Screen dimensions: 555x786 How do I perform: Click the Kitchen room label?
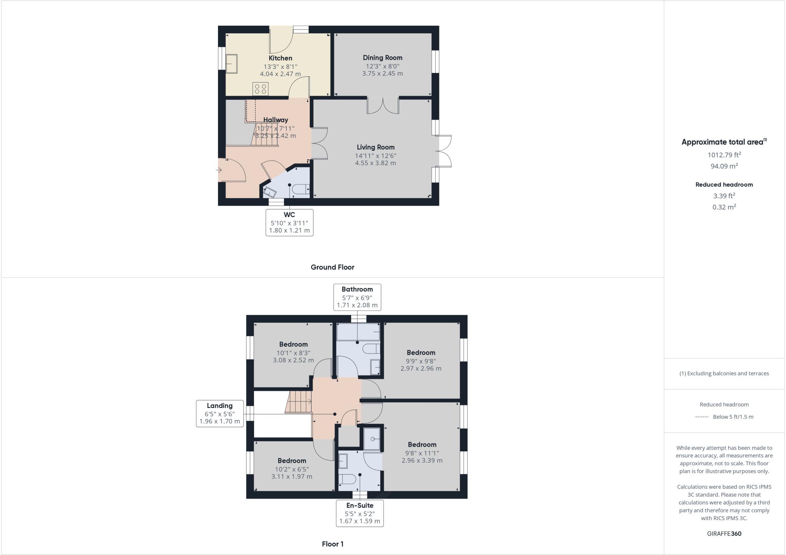pyautogui.click(x=280, y=58)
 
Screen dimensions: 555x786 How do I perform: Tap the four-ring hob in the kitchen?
pyautogui.click(x=260, y=89)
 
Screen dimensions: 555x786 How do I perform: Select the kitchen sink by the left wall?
pyautogui.click(x=231, y=63)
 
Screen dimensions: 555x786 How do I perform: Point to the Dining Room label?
pyautogui.click(x=383, y=58)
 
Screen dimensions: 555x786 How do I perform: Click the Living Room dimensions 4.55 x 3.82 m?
pyautogui.click(x=375, y=163)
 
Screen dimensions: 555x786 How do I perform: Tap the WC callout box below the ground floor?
pyautogui.click(x=289, y=223)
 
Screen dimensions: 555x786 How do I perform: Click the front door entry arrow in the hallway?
pyautogui.click(x=220, y=170)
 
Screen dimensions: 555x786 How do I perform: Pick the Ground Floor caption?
pyautogui.click(x=332, y=268)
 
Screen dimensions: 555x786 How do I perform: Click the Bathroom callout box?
pyautogui.click(x=357, y=297)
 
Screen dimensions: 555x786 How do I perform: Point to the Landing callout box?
pyautogui.click(x=220, y=413)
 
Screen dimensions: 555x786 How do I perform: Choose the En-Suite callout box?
pyautogui.click(x=360, y=513)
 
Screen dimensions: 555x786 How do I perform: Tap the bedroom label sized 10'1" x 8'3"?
pyautogui.click(x=293, y=345)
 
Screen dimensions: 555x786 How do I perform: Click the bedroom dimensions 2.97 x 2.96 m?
pyautogui.click(x=421, y=368)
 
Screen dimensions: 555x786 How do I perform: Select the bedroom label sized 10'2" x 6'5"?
pyautogui.click(x=292, y=461)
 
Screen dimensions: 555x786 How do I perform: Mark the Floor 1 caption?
pyautogui.click(x=332, y=544)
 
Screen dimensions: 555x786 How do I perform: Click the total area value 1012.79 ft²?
pyautogui.click(x=724, y=155)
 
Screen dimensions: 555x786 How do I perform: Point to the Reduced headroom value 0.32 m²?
pyautogui.click(x=724, y=207)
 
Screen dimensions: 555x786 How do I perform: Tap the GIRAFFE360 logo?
pyautogui.click(x=724, y=534)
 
